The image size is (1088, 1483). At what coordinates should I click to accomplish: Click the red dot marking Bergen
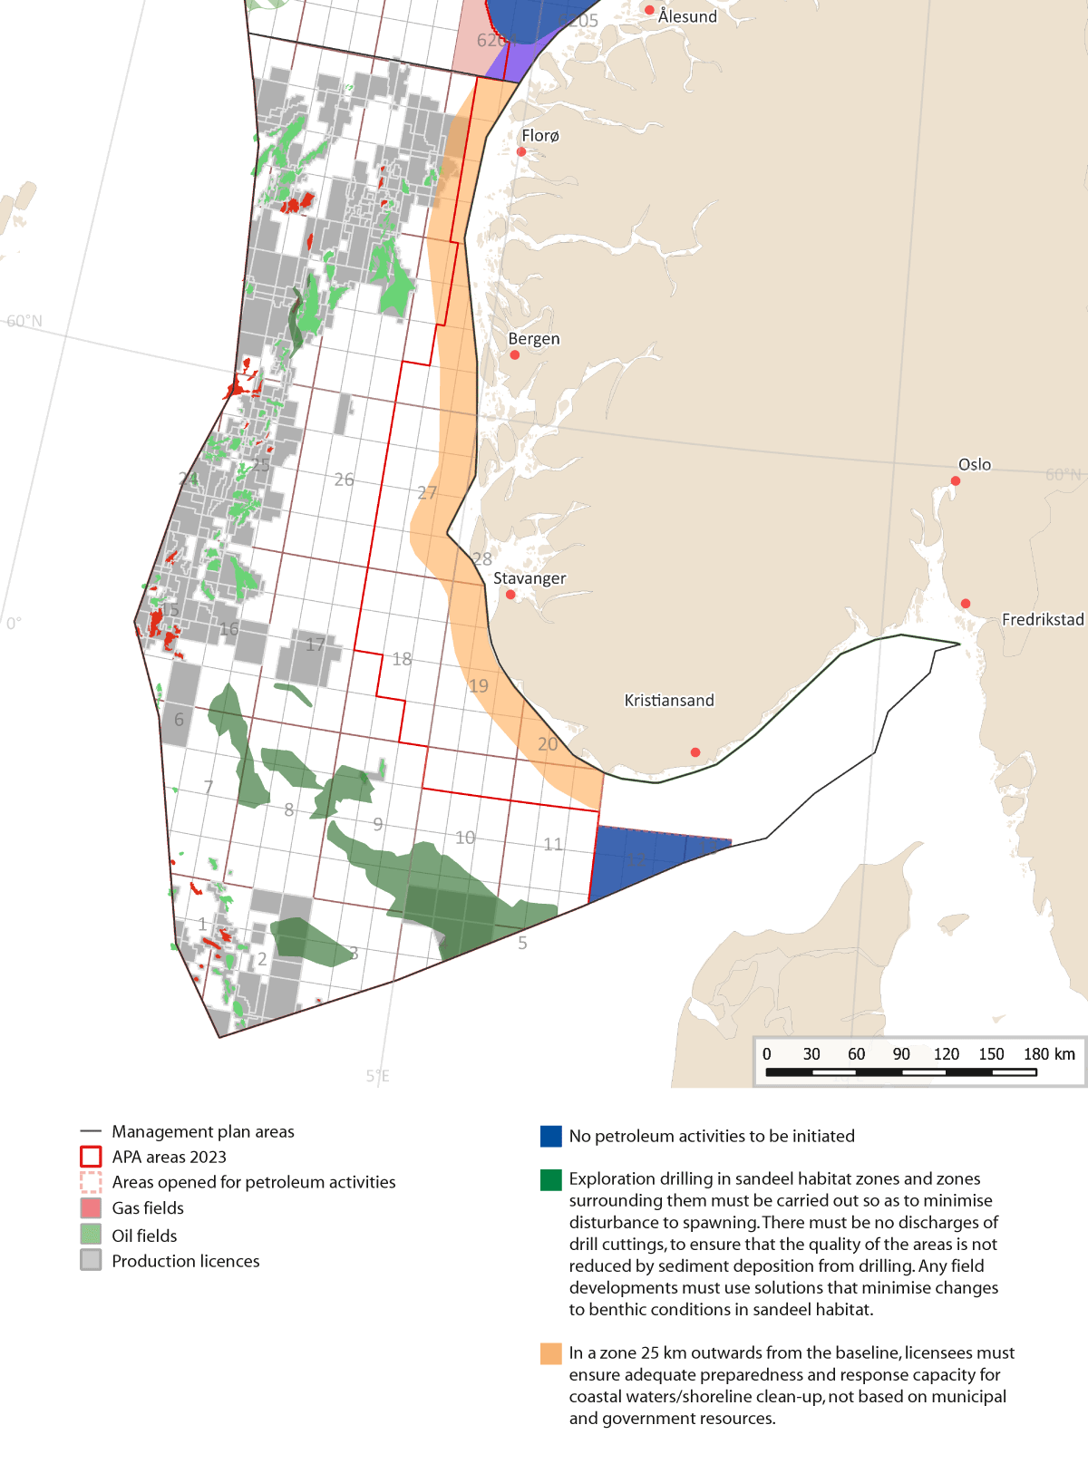(515, 355)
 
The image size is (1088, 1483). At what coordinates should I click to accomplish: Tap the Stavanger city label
(529, 578)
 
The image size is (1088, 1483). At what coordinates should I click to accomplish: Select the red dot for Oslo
(955, 481)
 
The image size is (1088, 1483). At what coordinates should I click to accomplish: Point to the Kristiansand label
(669, 700)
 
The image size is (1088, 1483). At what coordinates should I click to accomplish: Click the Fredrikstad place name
(1042, 619)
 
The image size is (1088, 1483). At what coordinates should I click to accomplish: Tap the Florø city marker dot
(521, 151)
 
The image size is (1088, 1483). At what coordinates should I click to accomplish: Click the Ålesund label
(687, 16)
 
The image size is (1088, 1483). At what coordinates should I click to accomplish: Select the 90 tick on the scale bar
(900, 1054)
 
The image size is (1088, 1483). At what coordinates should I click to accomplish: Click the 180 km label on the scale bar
(1049, 1054)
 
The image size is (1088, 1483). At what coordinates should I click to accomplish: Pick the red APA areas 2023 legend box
(91, 1157)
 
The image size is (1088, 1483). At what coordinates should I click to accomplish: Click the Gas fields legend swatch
(91, 1208)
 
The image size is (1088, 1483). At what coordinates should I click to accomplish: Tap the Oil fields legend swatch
(91, 1235)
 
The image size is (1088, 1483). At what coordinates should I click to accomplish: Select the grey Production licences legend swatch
(91, 1260)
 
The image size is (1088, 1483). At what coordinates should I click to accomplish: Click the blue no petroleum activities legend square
(551, 1137)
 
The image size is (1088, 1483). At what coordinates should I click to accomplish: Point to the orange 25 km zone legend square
(551, 1353)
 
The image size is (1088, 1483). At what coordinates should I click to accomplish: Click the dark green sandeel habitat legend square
(551, 1179)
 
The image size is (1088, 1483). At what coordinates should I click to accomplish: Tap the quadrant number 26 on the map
(344, 480)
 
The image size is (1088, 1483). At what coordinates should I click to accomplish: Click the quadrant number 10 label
(465, 838)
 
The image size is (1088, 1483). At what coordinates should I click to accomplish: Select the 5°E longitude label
(377, 1076)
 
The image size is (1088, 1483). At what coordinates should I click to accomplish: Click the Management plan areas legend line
(91, 1131)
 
